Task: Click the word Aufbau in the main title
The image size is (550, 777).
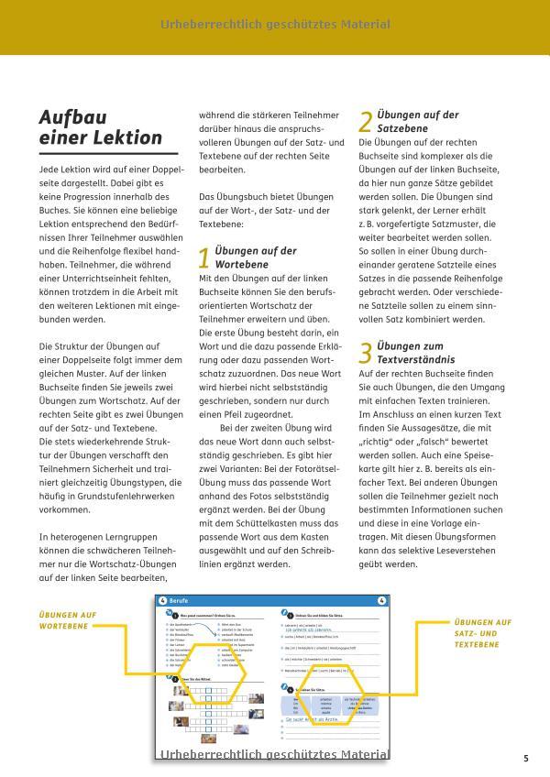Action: click(x=73, y=118)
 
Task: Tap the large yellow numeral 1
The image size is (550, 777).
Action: click(x=204, y=258)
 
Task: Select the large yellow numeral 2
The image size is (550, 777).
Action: click(x=365, y=123)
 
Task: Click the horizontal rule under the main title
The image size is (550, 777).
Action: click(x=101, y=151)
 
